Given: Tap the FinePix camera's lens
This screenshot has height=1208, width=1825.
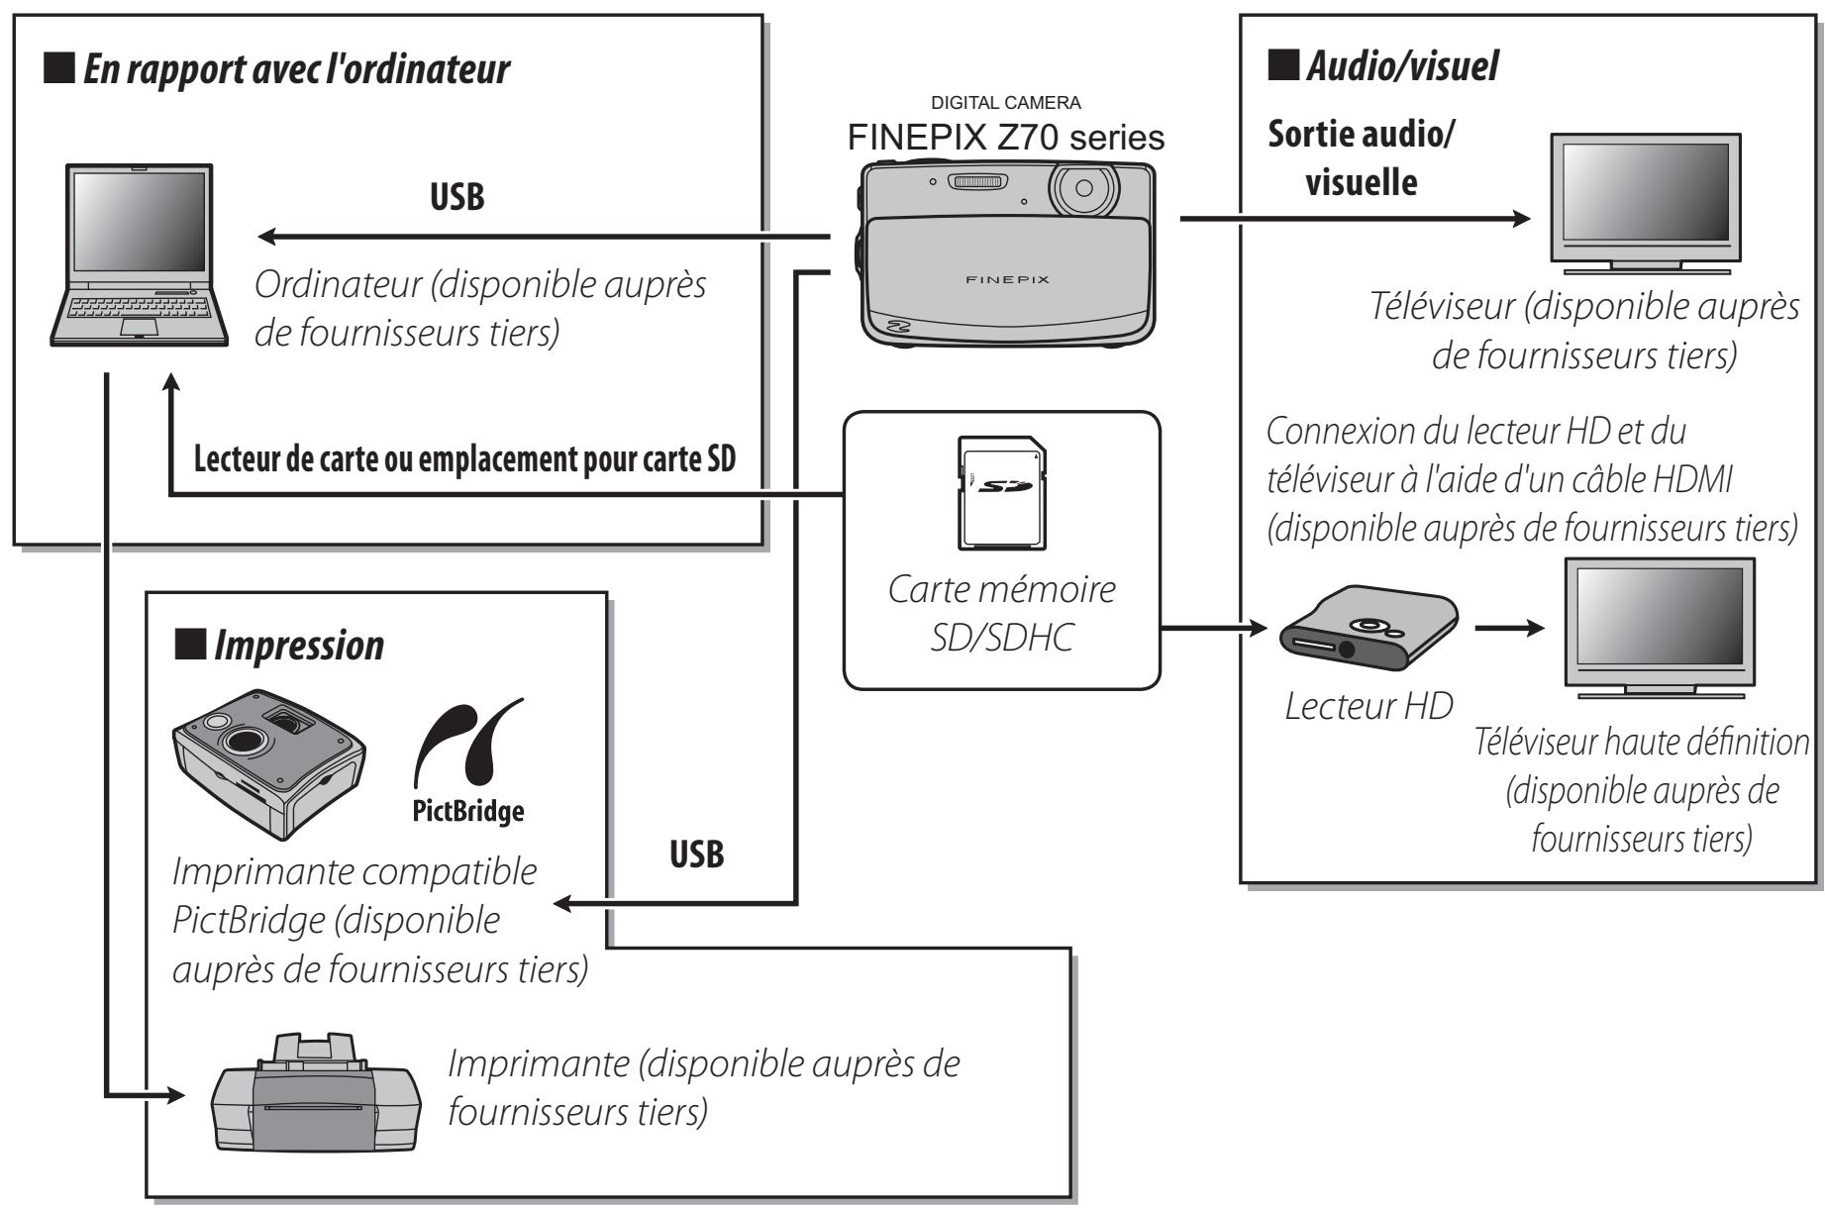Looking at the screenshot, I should click(1083, 188).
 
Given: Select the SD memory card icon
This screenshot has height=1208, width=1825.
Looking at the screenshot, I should click(999, 492).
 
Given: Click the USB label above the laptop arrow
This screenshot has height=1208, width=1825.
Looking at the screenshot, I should click(456, 197).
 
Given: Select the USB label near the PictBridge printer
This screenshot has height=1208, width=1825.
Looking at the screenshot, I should click(696, 855).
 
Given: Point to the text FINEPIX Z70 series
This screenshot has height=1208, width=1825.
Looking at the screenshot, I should click(1005, 138).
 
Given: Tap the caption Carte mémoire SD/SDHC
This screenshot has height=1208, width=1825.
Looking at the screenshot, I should click(1001, 613).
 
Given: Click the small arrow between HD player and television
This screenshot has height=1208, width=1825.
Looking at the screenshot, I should click(1509, 629).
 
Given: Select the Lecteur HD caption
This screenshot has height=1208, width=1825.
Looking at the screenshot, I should click(1368, 705).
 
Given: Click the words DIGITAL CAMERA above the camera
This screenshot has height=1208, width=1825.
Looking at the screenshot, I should click(1005, 103).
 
